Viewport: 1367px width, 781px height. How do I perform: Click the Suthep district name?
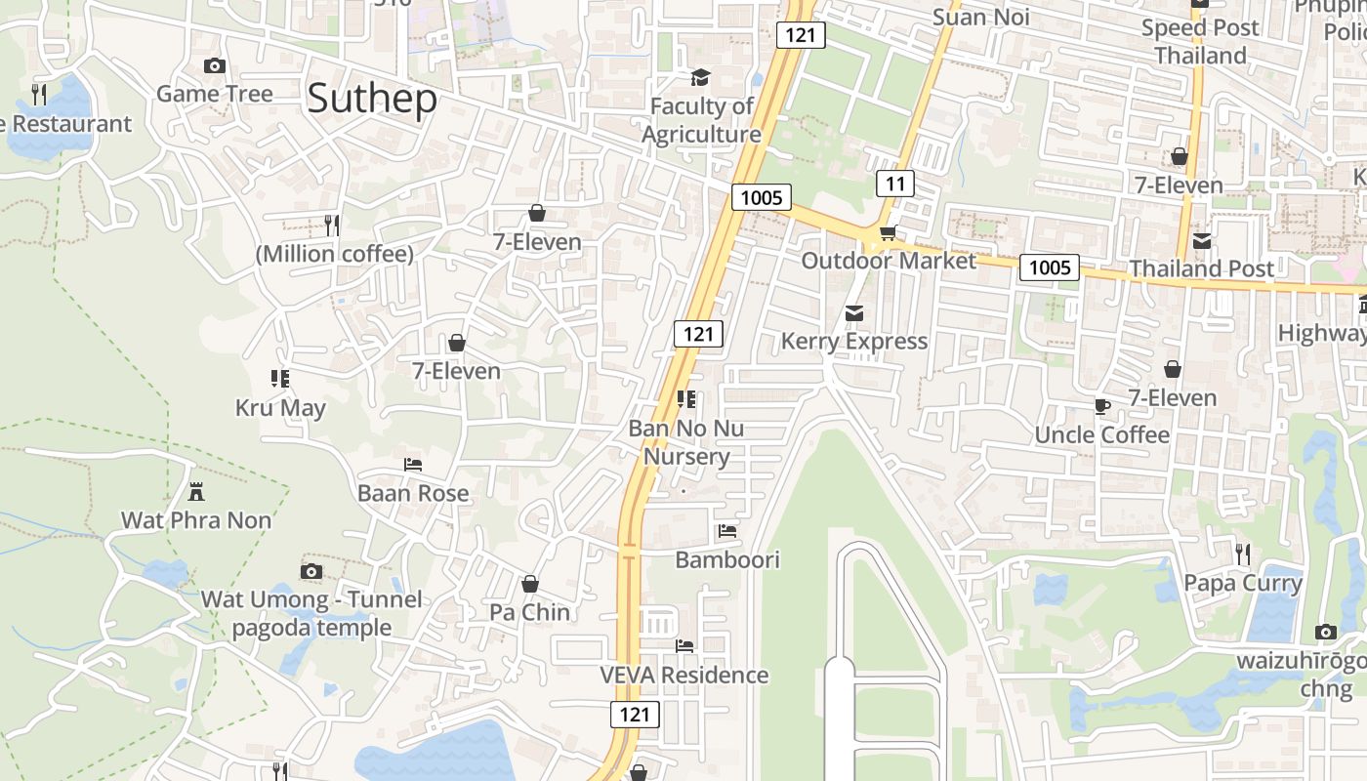tap(372, 100)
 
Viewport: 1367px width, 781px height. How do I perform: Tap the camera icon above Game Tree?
tap(215, 66)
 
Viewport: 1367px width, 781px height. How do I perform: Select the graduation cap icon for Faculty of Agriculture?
tap(700, 77)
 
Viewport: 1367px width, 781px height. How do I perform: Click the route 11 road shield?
tap(895, 184)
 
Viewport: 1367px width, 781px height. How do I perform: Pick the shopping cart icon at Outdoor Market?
tap(888, 232)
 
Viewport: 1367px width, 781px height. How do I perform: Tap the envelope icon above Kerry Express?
tap(854, 313)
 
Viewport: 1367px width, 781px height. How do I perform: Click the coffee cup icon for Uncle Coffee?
tap(1101, 406)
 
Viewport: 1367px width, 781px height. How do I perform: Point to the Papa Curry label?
tap(1243, 583)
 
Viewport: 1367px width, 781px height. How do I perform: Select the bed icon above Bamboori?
tap(727, 532)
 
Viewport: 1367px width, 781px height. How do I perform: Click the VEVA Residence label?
tap(684, 675)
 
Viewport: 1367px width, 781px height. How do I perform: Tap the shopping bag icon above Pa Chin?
tap(530, 584)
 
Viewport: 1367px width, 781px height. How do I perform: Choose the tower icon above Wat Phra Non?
tap(196, 491)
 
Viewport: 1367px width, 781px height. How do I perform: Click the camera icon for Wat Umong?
tap(311, 571)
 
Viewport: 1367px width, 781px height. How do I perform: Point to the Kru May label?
tap(280, 407)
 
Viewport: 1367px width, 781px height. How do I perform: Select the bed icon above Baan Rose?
tap(413, 465)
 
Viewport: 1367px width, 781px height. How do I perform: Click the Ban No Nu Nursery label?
tap(686, 442)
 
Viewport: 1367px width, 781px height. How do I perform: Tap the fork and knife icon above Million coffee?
tap(332, 226)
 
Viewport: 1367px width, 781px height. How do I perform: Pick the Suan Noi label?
tap(980, 17)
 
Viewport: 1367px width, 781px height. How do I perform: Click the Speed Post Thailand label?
tap(1200, 41)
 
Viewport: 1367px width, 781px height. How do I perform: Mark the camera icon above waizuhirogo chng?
tap(1325, 632)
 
